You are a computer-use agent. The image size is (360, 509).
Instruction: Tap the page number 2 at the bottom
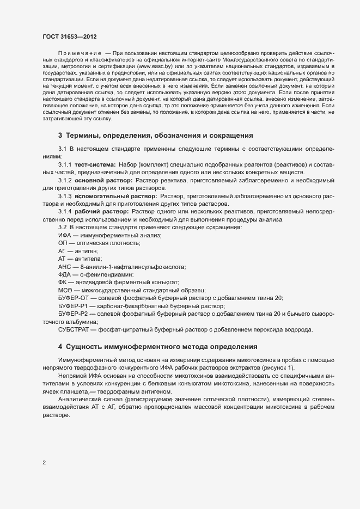coord(44,463)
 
